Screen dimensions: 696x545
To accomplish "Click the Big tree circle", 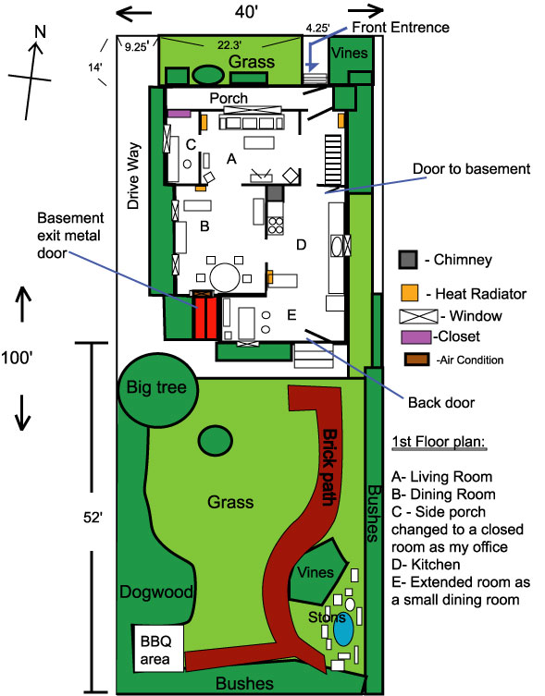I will coord(158,387).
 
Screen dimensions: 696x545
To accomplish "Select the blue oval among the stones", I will coord(343,630).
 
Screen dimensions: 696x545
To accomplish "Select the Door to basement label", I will coord(470,169).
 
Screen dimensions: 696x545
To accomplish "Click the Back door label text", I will coord(440,403).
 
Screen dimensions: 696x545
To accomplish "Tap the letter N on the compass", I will coord(38,32).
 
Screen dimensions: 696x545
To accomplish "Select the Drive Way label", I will coord(133,176).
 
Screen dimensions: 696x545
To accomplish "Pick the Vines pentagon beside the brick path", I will coord(315,574).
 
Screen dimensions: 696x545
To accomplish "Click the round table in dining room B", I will coord(225,275).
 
